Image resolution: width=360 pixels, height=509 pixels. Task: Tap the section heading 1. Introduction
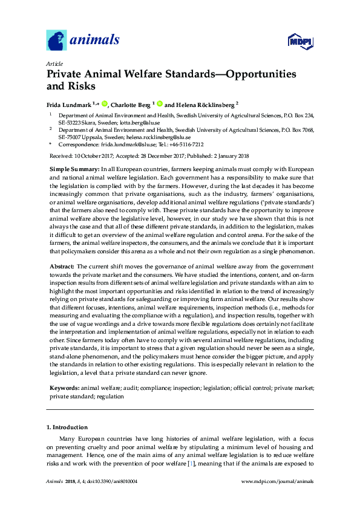67,427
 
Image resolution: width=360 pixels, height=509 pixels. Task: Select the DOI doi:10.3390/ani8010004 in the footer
112,481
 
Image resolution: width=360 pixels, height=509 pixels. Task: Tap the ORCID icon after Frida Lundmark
104,103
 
